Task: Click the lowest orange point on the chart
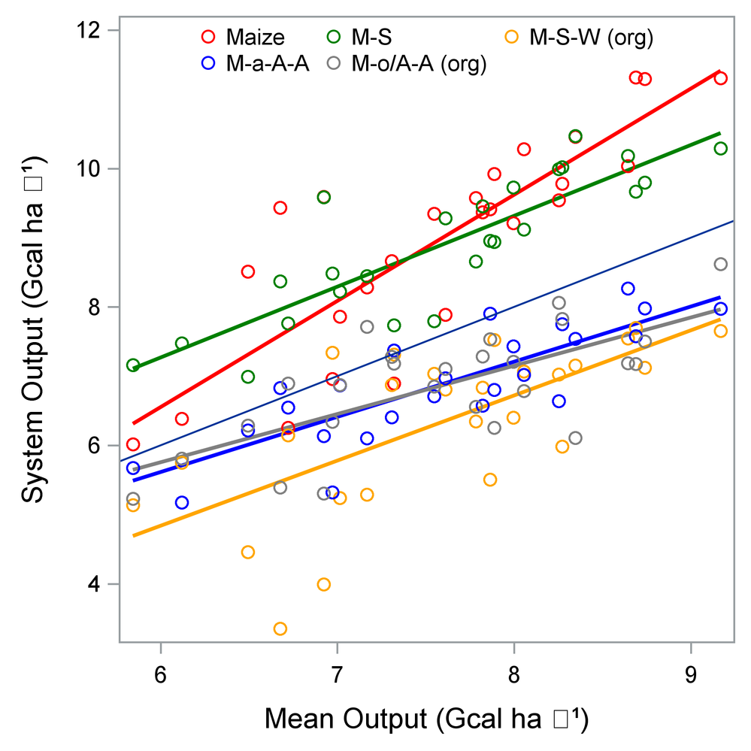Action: [x=280, y=628]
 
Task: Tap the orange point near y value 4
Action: [x=324, y=584]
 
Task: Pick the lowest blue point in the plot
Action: [x=182, y=502]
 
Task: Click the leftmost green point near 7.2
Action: [x=133, y=365]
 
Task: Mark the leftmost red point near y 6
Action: [x=133, y=444]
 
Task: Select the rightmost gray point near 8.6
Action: [x=721, y=264]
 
